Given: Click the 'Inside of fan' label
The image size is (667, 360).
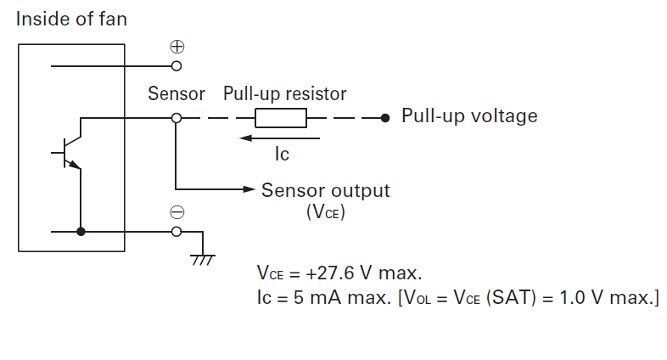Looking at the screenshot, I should point(71,18).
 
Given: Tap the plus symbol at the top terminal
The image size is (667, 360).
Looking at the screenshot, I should point(177,47).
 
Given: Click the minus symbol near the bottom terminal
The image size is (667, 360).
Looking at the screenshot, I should point(177,212).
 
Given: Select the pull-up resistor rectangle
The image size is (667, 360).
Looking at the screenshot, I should point(281,118).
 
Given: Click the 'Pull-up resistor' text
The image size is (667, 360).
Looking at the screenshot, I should point(284,93).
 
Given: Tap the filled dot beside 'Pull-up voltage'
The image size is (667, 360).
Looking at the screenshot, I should point(385,118).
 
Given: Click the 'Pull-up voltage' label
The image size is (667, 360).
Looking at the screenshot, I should point(469,115).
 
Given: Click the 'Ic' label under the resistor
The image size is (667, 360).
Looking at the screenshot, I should point(282,155).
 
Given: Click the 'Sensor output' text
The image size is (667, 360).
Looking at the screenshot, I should point(326,190).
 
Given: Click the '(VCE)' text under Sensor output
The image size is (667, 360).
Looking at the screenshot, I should point(325,211).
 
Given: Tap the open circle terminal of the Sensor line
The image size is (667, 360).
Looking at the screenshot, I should point(177,118).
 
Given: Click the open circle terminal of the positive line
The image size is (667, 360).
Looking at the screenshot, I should point(177,65).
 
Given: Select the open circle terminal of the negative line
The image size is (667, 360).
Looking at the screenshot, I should point(177,231).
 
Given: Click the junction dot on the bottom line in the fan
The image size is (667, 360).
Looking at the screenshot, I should point(81,231).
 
